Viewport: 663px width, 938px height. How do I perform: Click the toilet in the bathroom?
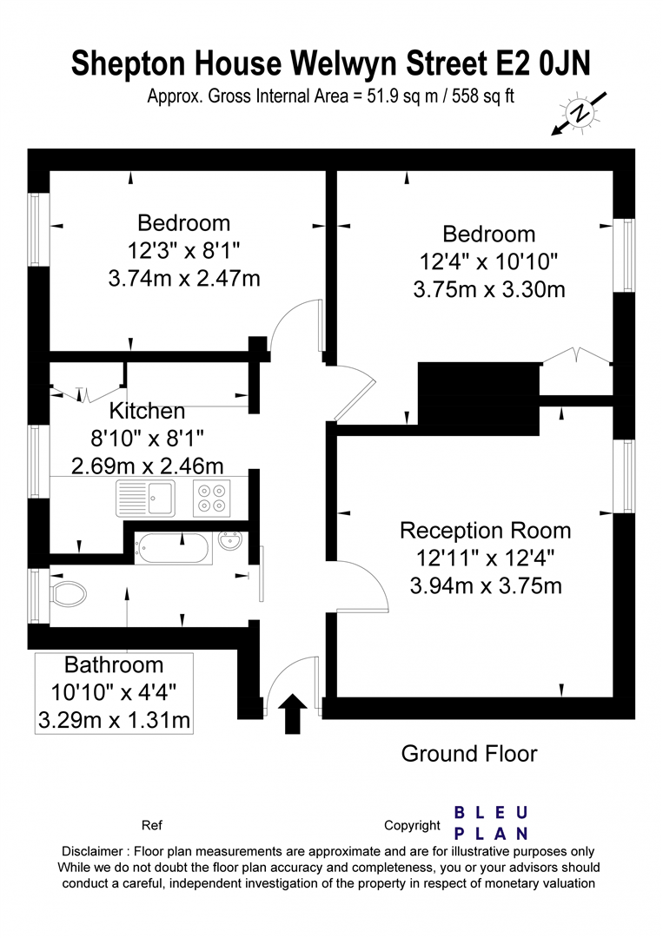pos(69,593)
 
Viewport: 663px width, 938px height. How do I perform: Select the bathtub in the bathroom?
pos(173,548)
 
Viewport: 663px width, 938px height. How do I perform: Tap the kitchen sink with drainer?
pos(145,498)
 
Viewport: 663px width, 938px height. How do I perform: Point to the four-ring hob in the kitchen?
pos(212,498)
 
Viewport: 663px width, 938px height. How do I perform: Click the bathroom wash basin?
pos(230,541)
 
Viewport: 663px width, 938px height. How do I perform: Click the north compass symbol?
pos(580,113)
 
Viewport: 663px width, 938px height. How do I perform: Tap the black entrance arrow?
pos(293,714)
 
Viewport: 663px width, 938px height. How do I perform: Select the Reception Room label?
pos(485,531)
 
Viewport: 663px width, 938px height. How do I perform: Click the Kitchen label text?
pos(147,411)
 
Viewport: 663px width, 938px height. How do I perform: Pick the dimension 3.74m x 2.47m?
pos(184,278)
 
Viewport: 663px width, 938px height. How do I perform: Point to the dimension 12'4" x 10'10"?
pos(489,261)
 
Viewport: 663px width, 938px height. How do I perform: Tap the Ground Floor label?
pos(469,754)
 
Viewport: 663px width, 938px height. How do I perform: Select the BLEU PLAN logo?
pos(491,823)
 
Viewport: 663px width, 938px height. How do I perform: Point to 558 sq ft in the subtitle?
pos(483,96)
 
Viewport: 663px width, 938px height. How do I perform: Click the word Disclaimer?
pos(92,851)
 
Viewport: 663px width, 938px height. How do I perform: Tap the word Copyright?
pos(412,826)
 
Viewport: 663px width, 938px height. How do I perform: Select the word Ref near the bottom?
pos(152,826)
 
